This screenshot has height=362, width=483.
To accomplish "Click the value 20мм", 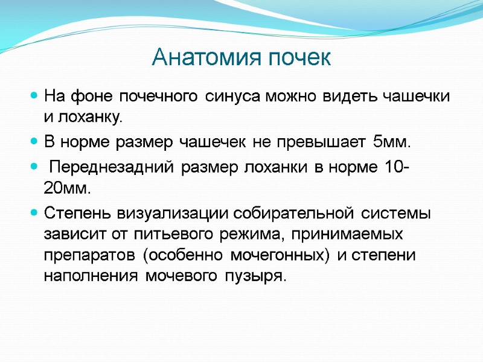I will pos(67,188).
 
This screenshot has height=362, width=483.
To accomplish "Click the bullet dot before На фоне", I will pos(34,96).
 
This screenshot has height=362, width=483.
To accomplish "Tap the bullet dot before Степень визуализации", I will pos(34,213).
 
